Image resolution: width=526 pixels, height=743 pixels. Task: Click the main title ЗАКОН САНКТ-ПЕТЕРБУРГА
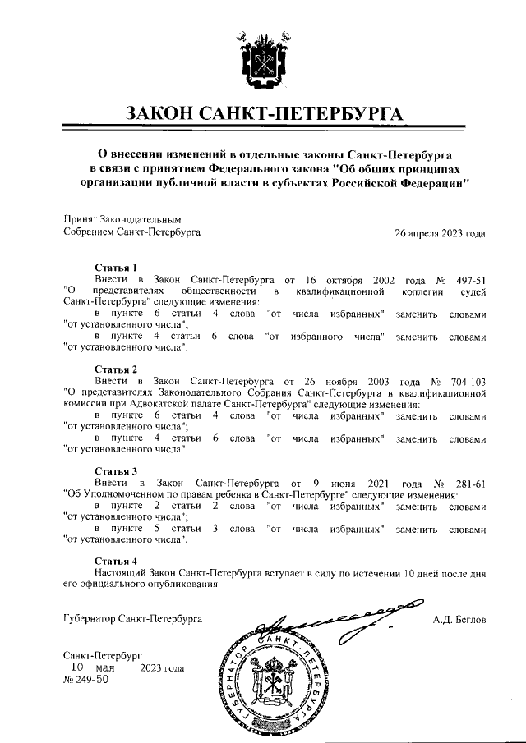click(x=263, y=112)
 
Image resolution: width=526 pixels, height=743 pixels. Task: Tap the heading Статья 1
click(x=116, y=268)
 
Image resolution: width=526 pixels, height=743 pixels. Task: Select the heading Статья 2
click(x=116, y=369)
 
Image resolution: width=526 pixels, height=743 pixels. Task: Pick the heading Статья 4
click(x=116, y=560)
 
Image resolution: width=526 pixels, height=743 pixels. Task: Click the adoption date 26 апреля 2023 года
click(x=440, y=232)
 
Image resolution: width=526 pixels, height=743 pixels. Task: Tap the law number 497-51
click(x=467, y=279)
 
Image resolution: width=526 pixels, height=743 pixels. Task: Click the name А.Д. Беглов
click(x=459, y=617)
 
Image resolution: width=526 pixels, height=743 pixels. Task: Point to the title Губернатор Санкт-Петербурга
click(x=132, y=617)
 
